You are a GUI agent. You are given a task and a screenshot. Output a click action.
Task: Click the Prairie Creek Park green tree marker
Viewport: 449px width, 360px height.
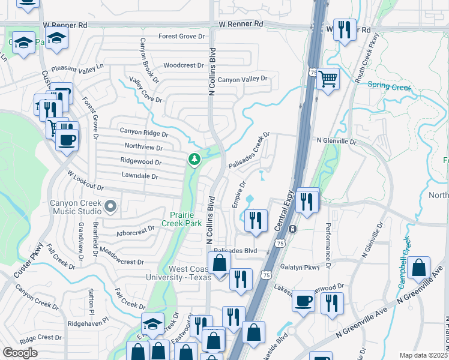point(194,160)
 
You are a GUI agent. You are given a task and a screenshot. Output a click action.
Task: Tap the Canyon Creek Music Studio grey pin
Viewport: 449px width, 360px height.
point(110,207)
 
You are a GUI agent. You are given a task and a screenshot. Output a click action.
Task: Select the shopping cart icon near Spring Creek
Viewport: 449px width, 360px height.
point(328,78)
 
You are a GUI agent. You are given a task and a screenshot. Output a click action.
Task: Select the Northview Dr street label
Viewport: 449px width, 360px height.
point(143,147)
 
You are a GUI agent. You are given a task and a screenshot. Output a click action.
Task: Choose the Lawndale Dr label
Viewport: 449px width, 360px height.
point(139,176)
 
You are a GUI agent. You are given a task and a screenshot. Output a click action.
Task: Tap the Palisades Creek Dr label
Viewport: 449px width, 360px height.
point(249,150)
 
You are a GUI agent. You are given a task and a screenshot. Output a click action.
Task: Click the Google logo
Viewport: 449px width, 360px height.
point(20,353)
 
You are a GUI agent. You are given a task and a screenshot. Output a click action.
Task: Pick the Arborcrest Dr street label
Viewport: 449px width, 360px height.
point(136,230)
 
